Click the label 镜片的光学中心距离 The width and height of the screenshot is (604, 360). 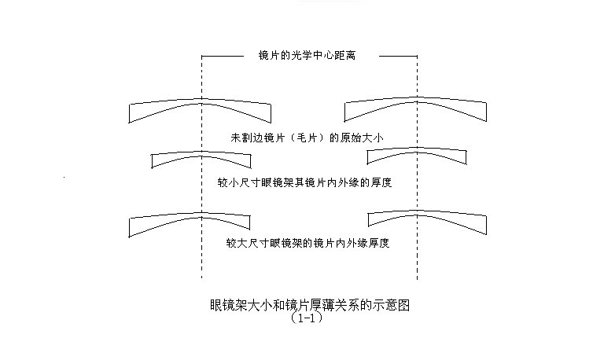[307, 56]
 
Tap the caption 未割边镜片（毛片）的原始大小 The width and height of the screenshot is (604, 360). [307, 138]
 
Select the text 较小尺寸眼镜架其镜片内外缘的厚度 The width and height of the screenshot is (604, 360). [304, 182]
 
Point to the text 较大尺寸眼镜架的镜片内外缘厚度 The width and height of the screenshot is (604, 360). [308, 243]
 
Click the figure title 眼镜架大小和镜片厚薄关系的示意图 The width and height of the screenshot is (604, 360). [310, 305]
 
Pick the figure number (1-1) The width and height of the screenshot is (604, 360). [307, 318]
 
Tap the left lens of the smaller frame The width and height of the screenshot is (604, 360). [201, 153]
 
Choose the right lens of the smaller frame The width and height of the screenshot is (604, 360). [417, 150]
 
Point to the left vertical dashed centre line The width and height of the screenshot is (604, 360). [201, 167]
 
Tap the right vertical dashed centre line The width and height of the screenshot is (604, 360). [417, 167]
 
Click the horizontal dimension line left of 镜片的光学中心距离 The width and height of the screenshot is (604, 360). [223, 57]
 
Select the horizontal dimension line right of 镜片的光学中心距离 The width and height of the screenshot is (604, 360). [398, 57]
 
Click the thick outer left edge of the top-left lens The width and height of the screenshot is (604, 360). [129, 114]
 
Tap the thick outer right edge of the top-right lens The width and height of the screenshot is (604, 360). [487, 112]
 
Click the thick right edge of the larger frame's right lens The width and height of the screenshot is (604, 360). [487, 225]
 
